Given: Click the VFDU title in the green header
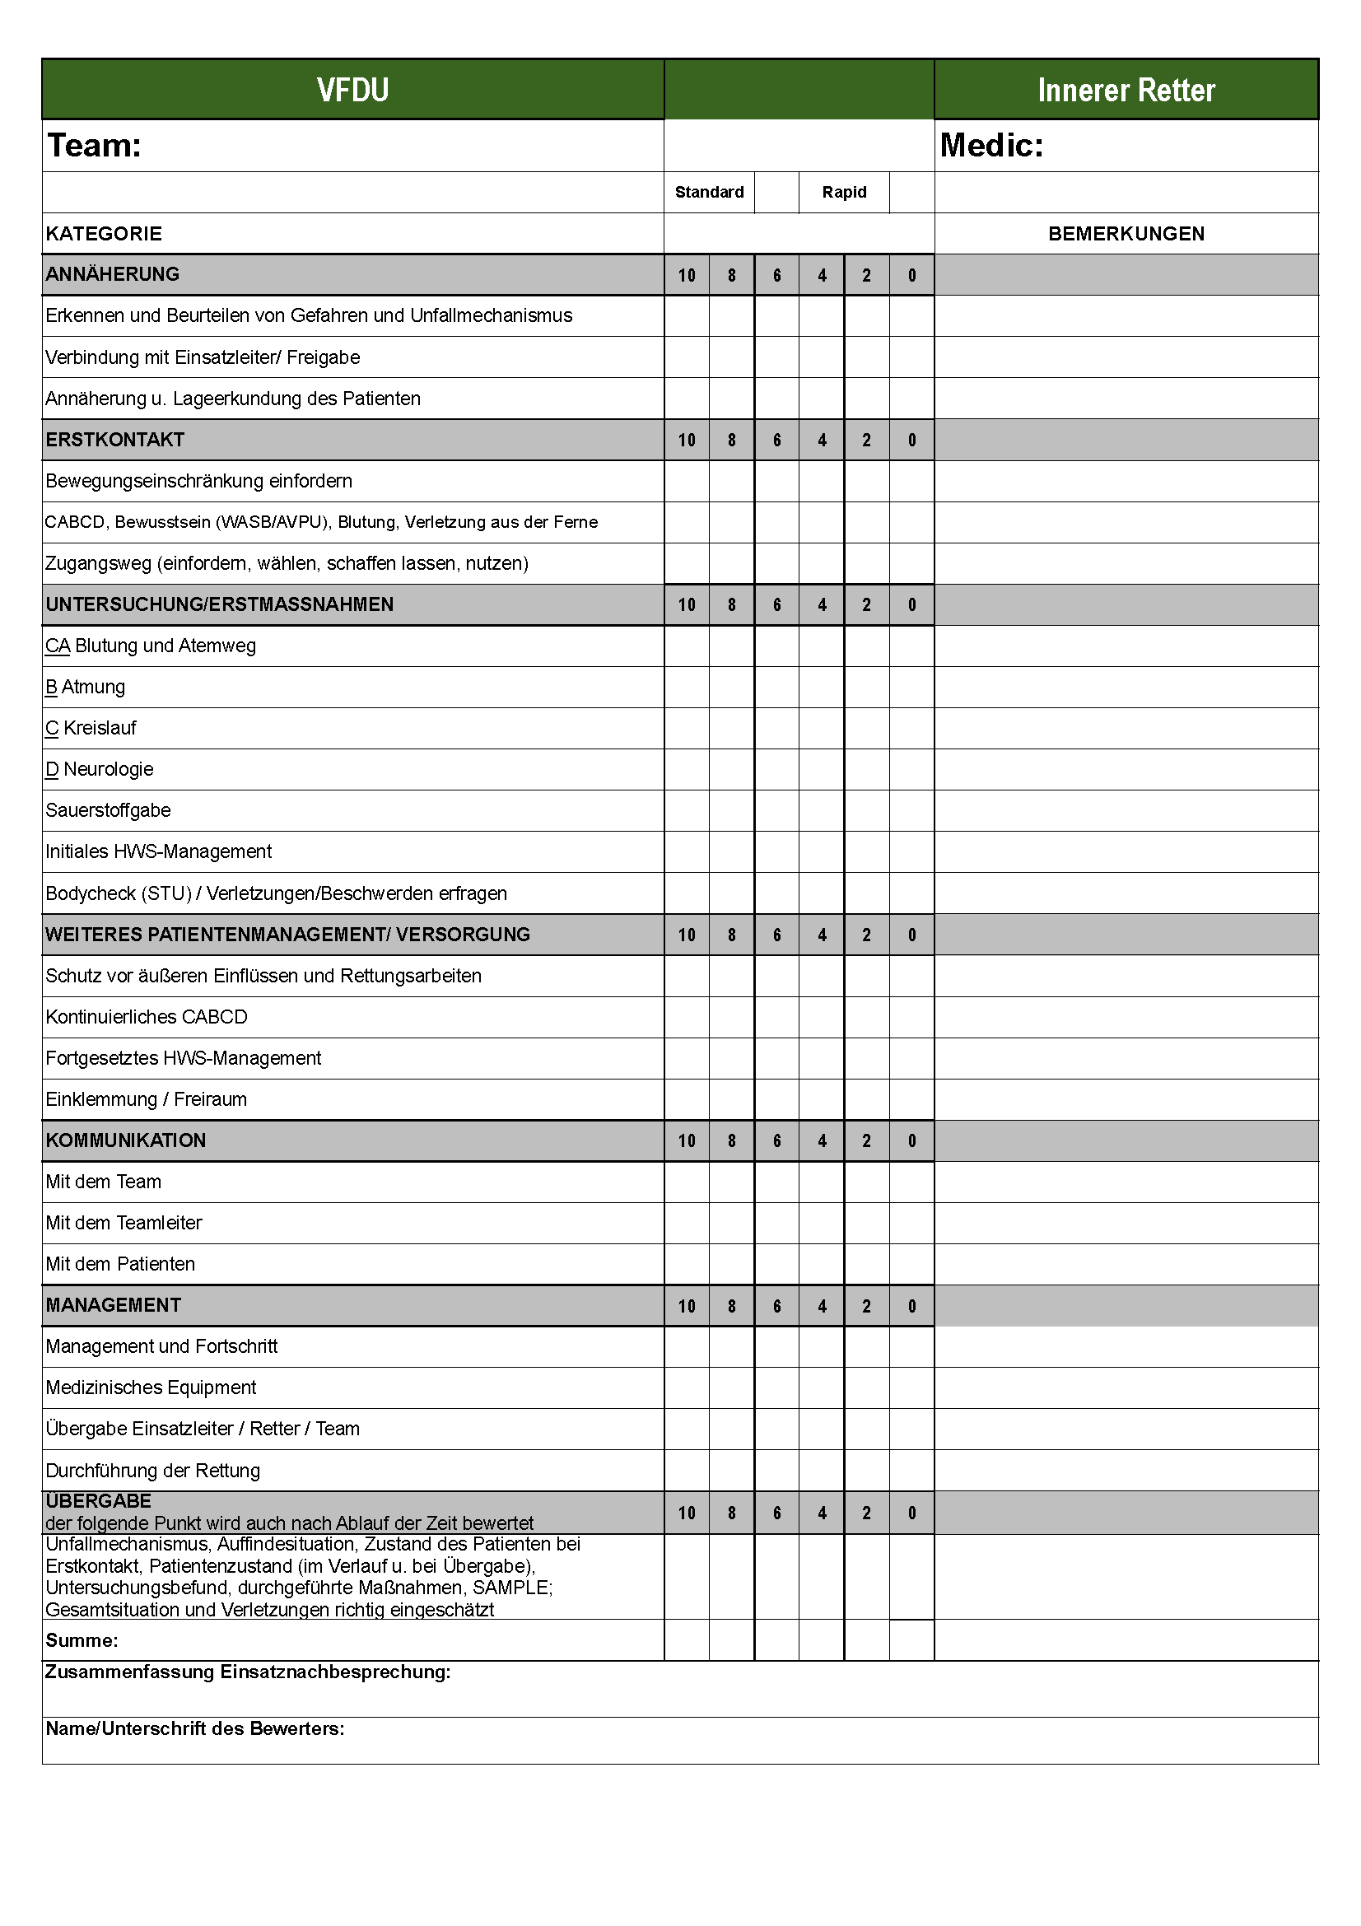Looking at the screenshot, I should point(352,90).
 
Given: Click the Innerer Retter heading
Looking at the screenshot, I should point(1126,90).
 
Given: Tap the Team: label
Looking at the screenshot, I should point(94,145).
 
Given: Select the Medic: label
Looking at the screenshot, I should point(991,145).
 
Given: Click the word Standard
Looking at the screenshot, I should point(709,192).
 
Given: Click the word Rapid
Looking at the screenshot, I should point(844,192).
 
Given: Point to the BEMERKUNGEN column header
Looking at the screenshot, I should point(1126,234).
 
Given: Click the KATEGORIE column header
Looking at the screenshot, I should point(104,234).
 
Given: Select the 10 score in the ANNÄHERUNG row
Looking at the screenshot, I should point(687,275).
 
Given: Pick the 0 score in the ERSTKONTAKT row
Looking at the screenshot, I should point(911,441).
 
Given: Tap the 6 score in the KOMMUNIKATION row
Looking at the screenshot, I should point(776,1140).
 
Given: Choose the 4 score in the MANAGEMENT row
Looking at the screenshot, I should point(822,1306).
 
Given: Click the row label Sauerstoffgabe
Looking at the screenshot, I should point(108,810).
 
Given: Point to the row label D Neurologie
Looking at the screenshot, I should point(100,769).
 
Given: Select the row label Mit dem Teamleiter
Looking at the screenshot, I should point(124,1223).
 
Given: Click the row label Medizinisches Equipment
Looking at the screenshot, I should point(151,1387).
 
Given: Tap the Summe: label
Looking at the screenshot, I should point(82,1640).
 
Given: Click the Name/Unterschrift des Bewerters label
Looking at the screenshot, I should point(194,1728).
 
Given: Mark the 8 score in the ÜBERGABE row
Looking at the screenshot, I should point(731,1513).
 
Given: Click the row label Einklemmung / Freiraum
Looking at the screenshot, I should point(146,1099).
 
